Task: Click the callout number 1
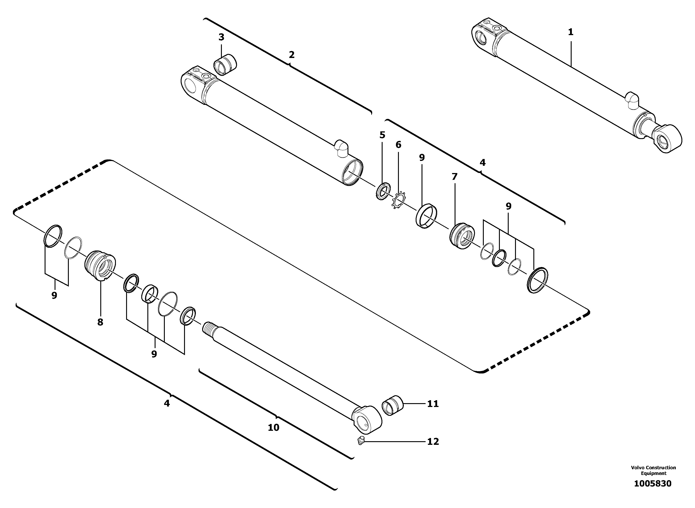570,32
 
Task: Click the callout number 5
382,135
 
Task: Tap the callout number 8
100,322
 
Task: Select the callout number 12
433,442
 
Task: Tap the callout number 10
273,427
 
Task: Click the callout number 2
291,55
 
